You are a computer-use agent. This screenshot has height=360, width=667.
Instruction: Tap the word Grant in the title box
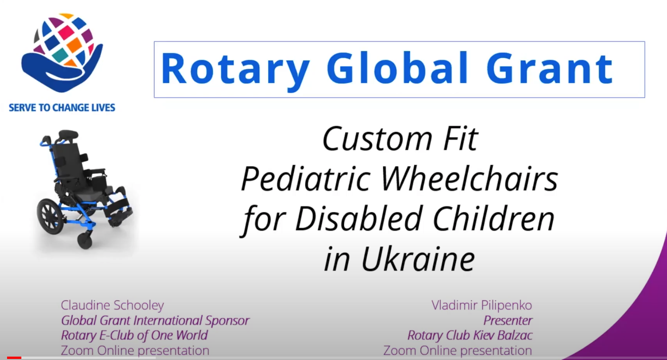tap(550, 68)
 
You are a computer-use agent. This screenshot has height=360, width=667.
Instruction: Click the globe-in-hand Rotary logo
tap(62, 52)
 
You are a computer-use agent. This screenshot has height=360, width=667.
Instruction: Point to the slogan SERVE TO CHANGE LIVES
tap(62, 108)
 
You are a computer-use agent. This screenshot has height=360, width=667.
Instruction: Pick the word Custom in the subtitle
tap(377, 139)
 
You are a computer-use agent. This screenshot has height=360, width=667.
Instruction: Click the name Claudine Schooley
tap(112, 305)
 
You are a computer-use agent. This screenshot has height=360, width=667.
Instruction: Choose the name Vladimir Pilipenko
tap(482, 305)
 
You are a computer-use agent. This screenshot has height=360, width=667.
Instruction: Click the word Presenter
tap(507, 320)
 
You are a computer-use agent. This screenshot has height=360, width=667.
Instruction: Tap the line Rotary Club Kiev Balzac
tap(470, 335)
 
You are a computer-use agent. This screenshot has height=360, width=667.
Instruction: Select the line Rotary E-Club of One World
tap(134, 335)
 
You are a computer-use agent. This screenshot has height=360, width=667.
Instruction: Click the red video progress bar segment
tap(14, 358)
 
